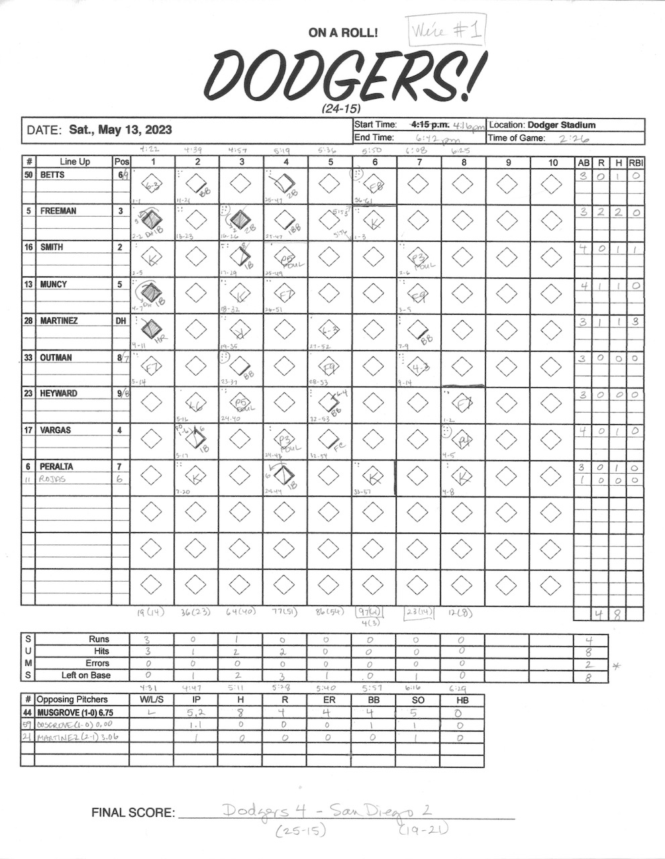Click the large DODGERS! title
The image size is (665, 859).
click(342, 75)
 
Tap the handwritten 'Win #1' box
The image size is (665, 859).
click(446, 30)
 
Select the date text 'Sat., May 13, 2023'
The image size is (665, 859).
click(120, 130)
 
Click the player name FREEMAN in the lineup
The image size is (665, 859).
click(58, 211)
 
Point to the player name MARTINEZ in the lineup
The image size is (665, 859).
click(59, 321)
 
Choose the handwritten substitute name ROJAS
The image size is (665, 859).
click(53, 479)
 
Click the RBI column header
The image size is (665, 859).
click(635, 162)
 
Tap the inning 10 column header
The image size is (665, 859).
click(552, 162)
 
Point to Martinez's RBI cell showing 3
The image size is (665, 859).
click(635, 321)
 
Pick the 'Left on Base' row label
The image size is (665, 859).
click(86, 675)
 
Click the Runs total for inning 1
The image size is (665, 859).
click(152, 640)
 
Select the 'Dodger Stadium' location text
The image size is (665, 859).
click(561, 125)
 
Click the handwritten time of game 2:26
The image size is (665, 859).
click(572, 138)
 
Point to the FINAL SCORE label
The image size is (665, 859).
click(133, 813)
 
